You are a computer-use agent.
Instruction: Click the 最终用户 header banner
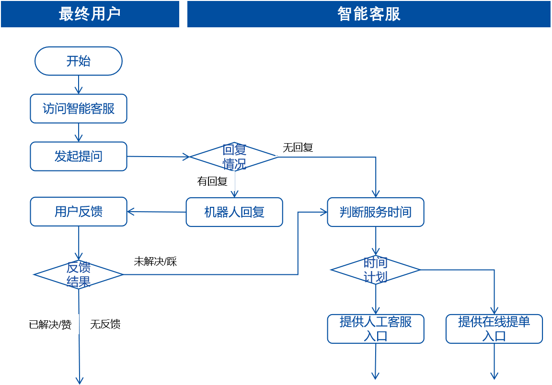[x=90, y=14]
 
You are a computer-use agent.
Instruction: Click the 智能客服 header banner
[x=368, y=14]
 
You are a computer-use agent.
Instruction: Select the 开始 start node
[x=79, y=61]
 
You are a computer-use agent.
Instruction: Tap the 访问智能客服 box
[x=79, y=109]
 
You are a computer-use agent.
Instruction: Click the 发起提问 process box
[x=79, y=156]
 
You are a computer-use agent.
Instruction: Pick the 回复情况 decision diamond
[x=234, y=156]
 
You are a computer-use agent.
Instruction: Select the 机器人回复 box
[x=234, y=212]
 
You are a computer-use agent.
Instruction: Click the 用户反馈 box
[x=79, y=212]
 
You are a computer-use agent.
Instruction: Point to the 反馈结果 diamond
[x=79, y=274]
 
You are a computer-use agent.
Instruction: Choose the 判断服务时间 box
[x=376, y=212]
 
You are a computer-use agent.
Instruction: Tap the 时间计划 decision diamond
[x=376, y=270]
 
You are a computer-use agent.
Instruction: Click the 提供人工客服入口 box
[x=376, y=328]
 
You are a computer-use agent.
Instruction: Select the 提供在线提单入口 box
[x=494, y=328]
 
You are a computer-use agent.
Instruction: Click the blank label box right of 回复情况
[x=298, y=147]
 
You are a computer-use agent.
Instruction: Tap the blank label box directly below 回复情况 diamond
[x=212, y=181]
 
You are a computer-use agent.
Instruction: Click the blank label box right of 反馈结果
[x=155, y=261]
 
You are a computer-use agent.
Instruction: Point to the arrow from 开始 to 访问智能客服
[x=79, y=85]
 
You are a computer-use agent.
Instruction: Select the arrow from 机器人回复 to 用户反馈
[x=156, y=212]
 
